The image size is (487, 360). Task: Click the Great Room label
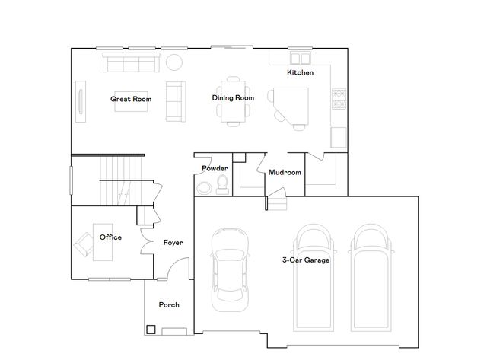131,99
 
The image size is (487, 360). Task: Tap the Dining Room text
233,97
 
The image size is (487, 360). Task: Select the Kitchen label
300,73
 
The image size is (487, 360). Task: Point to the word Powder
215,168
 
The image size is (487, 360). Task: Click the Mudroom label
285,173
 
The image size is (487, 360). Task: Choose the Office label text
110,237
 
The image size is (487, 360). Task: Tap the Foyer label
173,243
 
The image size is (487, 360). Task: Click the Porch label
169,305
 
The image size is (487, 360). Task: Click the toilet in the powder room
221,184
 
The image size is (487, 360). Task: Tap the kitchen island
291,106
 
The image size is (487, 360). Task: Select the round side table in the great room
174,62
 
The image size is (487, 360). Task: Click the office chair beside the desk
81,246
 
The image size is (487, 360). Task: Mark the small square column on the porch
151,330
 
